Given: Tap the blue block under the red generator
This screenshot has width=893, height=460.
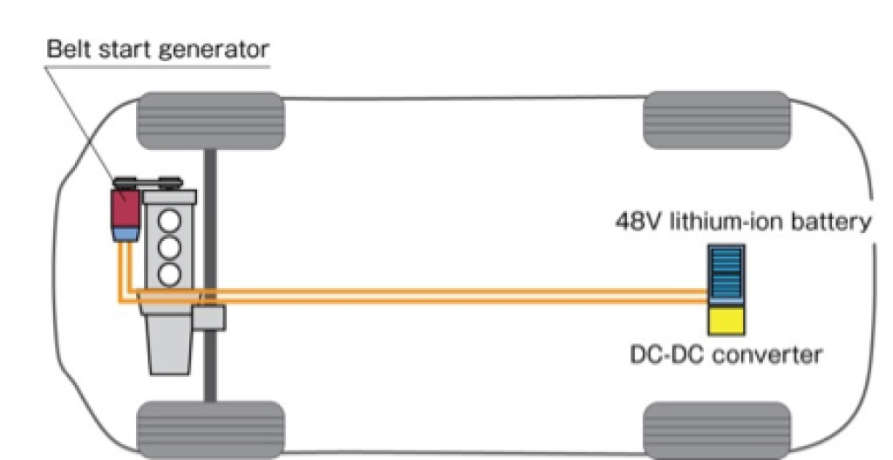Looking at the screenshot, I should tap(125, 233).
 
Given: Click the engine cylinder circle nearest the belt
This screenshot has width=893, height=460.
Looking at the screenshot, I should tap(171, 216).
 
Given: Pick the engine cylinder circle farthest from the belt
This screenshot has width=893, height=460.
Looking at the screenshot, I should tap(171, 273).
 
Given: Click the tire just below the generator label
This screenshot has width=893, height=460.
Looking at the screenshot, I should tap(210, 120).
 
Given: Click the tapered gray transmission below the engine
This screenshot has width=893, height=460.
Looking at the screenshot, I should tap(171, 336).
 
